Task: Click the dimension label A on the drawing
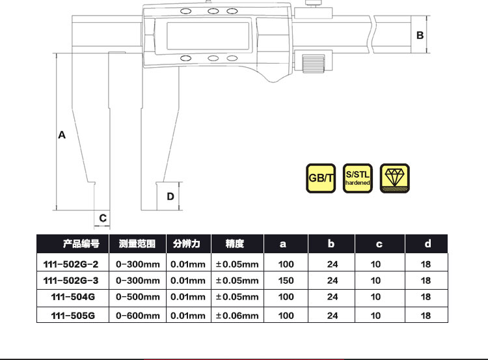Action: point(62,135)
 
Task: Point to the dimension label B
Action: point(420,35)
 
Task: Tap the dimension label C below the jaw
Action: point(103,218)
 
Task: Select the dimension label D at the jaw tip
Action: point(170,197)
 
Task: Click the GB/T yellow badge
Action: point(321,178)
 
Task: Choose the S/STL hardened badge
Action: point(358,178)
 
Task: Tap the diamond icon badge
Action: point(395,178)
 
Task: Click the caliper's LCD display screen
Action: point(208,36)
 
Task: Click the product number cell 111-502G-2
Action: point(71,264)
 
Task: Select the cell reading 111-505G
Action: point(73,316)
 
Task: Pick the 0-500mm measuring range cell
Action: point(137,297)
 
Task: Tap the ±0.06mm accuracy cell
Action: point(237,316)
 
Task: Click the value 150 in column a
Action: point(286,281)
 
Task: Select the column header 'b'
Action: point(331,243)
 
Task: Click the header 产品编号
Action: point(81,243)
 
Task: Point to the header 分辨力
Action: point(187,243)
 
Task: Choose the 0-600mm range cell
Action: point(137,316)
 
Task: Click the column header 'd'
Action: point(428,243)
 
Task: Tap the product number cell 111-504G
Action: point(73,297)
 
